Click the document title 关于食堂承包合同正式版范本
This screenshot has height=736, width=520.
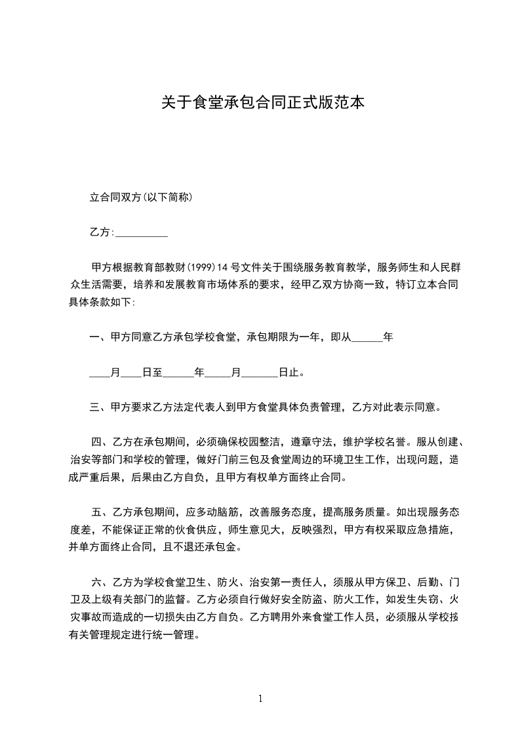point(262,102)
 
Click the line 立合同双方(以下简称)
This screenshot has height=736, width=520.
point(140,197)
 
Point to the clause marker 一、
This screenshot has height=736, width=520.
point(100,338)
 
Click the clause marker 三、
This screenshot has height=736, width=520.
point(100,407)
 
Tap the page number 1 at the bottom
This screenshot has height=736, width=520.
point(260,699)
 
